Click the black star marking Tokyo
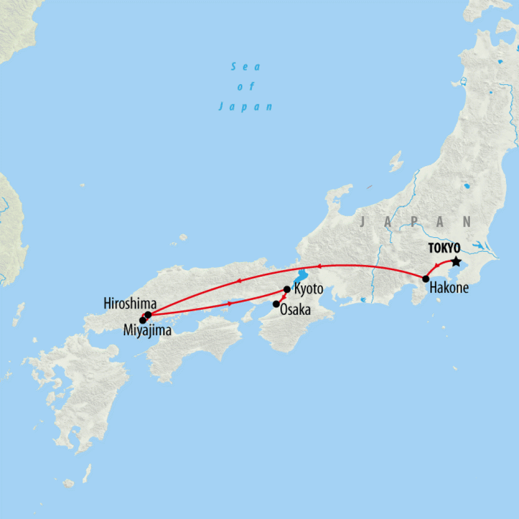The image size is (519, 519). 456,262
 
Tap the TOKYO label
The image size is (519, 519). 444,248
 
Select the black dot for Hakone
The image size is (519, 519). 426,278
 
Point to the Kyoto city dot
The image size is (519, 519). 287,289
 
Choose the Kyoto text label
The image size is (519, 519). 308,290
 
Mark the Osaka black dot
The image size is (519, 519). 276,304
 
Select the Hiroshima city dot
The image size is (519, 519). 148,315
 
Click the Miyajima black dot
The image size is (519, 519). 142,320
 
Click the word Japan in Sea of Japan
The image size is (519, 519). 246,106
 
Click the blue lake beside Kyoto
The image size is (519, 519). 301,277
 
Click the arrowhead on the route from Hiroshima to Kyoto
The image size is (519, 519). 230,304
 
